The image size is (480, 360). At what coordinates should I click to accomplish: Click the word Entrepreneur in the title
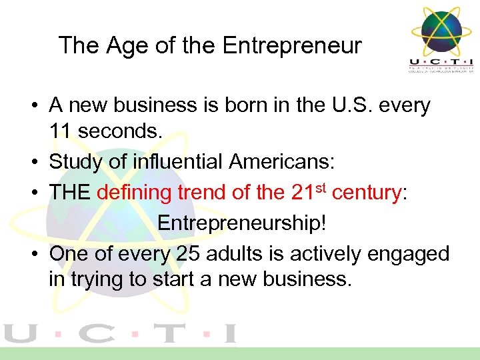coord(292,46)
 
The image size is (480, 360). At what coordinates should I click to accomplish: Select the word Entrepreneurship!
coord(243,223)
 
